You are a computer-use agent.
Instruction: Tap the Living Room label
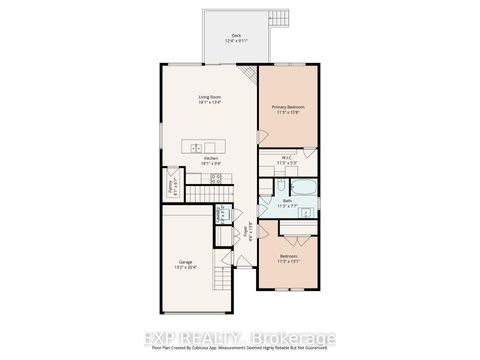coord(210,96)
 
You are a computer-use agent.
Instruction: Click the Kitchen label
coord(210,157)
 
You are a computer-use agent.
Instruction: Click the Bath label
coord(286,200)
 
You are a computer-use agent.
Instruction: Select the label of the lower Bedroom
coord(288,257)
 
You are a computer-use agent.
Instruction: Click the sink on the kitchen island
coord(196,149)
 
